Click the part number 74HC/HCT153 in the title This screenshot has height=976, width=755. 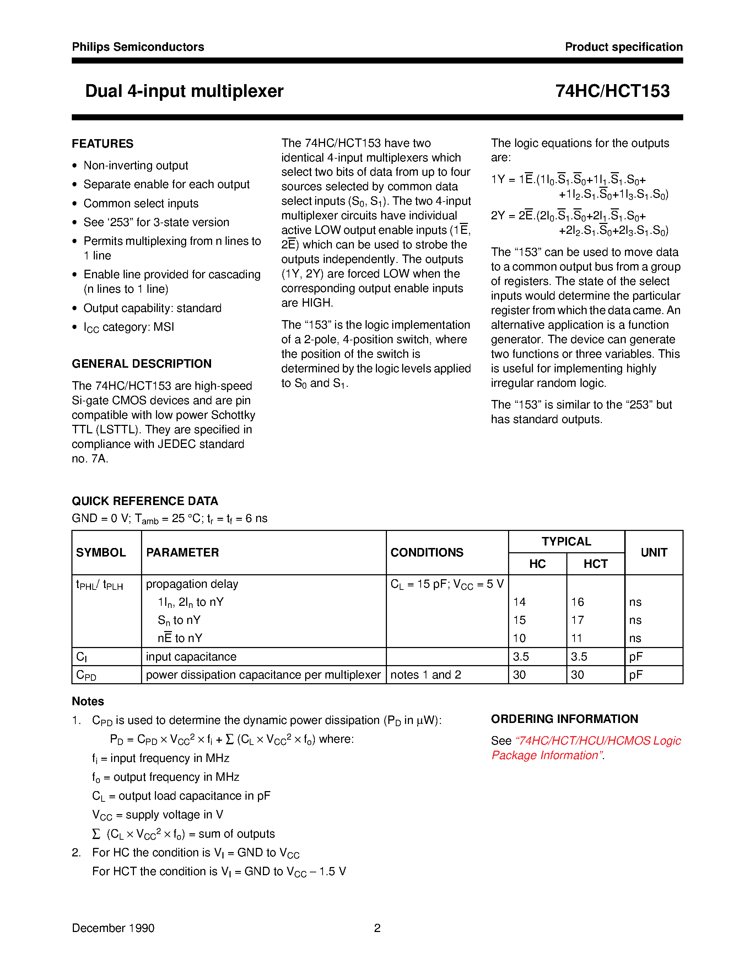coord(612,91)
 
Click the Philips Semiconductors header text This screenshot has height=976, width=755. coord(138,47)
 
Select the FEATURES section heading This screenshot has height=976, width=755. coord(102,144)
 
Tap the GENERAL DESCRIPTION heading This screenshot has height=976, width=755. coord(141,364)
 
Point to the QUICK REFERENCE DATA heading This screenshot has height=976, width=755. coord(145,501)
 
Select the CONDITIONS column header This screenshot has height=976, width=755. coord(427,553)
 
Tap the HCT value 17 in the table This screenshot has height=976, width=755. coord(577,620)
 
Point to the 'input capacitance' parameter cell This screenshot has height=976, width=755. coord(191,657)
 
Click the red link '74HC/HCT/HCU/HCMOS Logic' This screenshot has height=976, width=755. coord(598,741)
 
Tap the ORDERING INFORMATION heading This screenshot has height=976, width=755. coord(564,719)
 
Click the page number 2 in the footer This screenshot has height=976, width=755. coord(377,928)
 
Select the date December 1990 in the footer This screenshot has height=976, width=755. coord(113,928)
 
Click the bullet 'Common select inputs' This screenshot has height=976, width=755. coord(141,203)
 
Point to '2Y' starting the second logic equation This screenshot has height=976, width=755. coord(498,216)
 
